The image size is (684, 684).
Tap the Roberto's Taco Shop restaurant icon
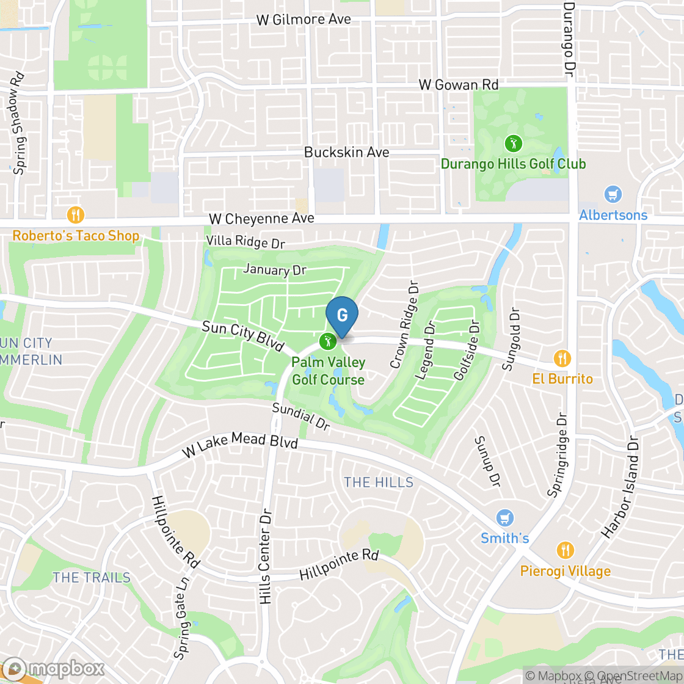pos(76,214)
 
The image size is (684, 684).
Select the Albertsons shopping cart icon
pos(613,195)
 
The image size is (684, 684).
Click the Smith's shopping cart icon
pos(504,518)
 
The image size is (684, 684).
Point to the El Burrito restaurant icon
pos(562,358)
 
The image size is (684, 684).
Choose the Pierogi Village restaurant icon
pos(566,550)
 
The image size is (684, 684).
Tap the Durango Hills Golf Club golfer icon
pos(513,144)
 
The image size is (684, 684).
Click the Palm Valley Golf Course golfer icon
pos(328,341)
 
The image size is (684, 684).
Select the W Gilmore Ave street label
pos(304,20)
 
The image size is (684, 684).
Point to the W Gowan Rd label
pos(459,85)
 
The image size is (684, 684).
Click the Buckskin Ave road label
pos(346,152)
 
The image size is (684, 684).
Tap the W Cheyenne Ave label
pos(261,218)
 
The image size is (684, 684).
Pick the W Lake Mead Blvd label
pos(240,445)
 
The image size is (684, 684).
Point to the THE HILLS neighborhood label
pos(379,482)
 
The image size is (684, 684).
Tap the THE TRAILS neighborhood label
pos(92,577)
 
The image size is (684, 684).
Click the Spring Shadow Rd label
pos(19,123)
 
